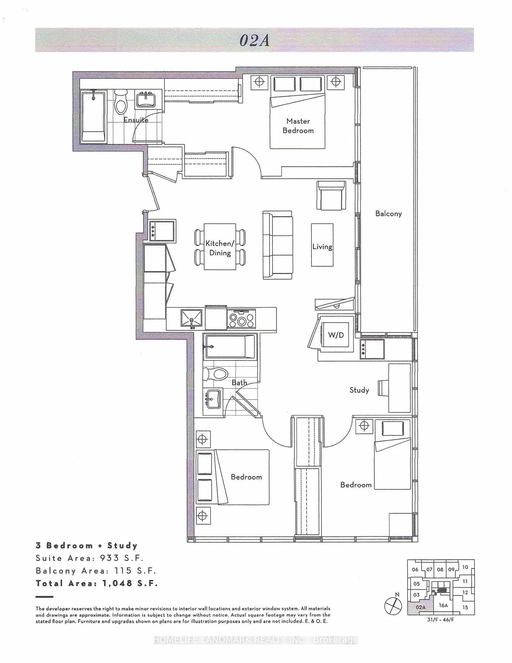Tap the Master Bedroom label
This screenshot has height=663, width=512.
tap(298, 126)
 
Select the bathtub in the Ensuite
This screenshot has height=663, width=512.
tap(93, 117)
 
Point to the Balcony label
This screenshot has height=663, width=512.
tap(388, 214)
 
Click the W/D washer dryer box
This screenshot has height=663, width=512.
tap(336, 335)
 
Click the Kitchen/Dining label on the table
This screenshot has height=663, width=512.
tap(220, 248)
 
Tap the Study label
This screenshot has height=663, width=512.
tap(359, 390)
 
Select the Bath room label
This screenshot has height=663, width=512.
tap(239, 383)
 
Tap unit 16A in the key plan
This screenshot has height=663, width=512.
tap(443, 606)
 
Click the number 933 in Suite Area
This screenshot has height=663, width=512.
tap(110, 558)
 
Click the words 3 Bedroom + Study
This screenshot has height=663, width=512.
tap(87, 546)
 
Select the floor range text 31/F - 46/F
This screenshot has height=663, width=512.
tap(441, 619)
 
